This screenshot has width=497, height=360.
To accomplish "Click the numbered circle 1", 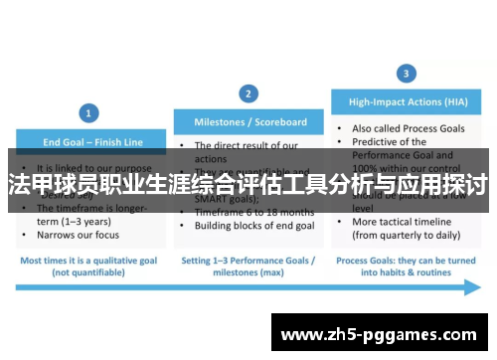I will coord(89,113).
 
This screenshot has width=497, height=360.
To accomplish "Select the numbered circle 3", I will coord(406,73).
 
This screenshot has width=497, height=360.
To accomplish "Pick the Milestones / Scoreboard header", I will coord(248,122).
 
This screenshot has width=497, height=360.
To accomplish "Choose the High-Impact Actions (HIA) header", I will coord(407,101).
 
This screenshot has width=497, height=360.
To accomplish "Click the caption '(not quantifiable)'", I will coord(89,270).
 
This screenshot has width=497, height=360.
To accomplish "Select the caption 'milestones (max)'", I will coord(248,270).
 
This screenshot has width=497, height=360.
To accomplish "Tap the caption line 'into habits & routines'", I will coord(407,270).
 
